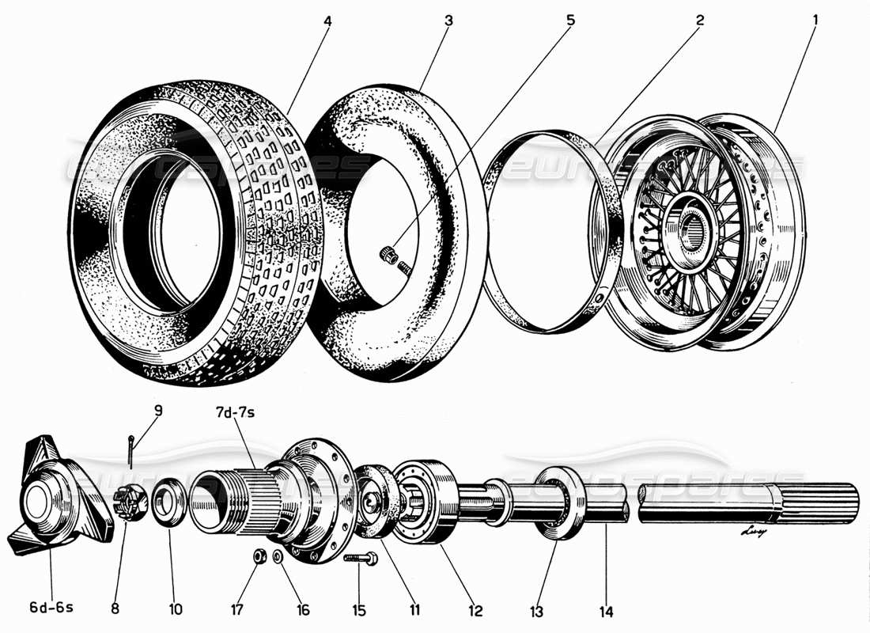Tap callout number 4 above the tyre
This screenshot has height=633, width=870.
tap(327, 21)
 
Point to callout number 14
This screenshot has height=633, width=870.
tap(606, 611)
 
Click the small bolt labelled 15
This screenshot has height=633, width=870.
tap(362, 559)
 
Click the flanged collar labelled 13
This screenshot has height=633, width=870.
tap(561, 503)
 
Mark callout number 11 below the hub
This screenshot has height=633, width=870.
tap(414, 610)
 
